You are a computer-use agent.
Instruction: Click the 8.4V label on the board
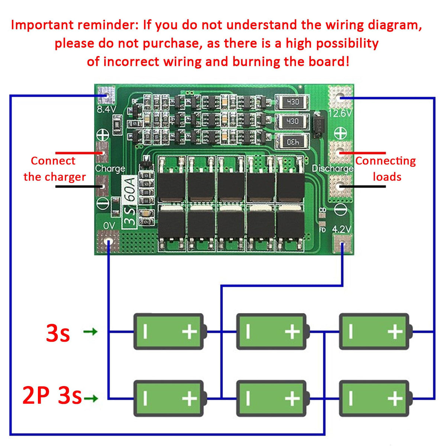(107, 109)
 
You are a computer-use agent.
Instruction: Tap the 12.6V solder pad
(340, 97)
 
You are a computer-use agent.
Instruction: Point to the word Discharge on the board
(332, 169)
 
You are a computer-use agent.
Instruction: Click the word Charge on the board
(110, 168)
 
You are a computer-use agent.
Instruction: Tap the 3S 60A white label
(130, 201)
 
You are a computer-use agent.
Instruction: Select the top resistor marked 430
(292, 102)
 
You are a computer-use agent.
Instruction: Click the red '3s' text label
(58, 333)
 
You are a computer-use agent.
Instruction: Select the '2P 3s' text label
(52, 395)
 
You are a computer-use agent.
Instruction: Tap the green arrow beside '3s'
(90, 331)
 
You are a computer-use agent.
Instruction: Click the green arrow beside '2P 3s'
(91, 399)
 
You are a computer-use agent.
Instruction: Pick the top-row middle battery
(272, 332)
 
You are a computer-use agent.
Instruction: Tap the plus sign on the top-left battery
(190, 331)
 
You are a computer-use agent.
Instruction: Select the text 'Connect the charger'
(54, 169)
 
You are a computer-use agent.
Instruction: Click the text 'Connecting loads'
(386, 169)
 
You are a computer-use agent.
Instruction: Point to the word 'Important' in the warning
(42, 25)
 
